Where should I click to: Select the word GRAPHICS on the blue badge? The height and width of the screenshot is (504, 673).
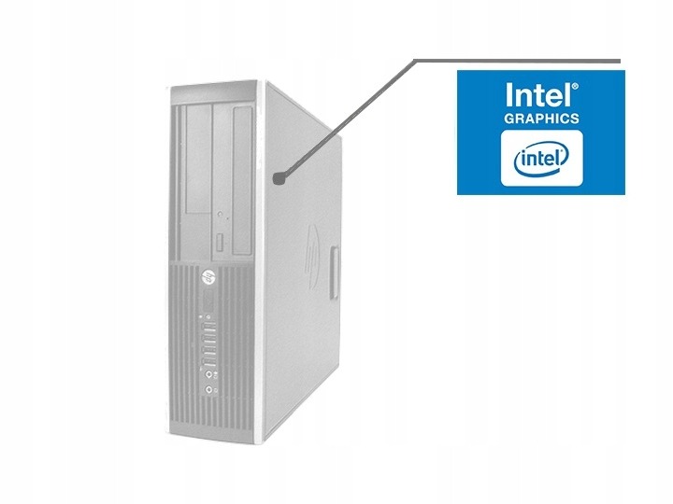(x=541, y=119)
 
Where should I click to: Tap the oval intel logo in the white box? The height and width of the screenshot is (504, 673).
(x=541, y=156)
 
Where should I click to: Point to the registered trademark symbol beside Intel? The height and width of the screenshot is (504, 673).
(x=574, y=85)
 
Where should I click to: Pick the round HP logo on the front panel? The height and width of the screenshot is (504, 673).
(x=207, y=277)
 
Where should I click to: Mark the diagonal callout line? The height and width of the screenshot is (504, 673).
(x=347, y=118)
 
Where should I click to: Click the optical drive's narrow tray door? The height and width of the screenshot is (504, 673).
(x=219, y=245)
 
